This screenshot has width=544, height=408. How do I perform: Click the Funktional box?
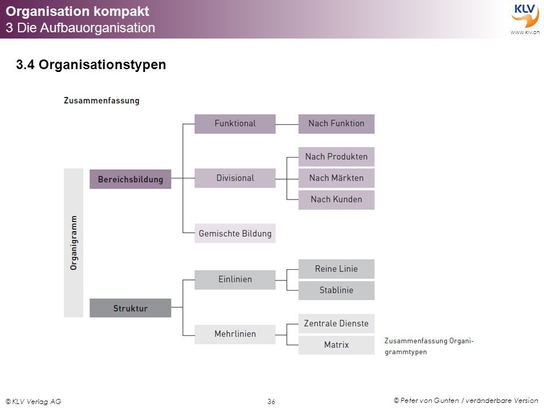[235, 124]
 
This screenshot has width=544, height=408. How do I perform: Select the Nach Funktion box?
[336, 124]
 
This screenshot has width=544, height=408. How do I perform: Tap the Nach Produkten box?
[336, 157]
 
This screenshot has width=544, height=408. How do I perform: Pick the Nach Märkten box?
[336, 178]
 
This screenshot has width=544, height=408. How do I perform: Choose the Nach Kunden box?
[336, 200]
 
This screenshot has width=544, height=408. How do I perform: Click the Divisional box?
[235, 178]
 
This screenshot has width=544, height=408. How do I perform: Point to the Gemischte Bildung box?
[235, 233]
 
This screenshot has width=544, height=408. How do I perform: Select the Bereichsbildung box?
[130, 179]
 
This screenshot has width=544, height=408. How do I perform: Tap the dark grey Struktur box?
[130, 308]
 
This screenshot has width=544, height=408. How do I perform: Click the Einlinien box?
[235, 279]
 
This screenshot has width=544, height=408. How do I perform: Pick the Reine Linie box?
[336, 269]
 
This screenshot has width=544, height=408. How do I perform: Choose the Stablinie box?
[336, 290]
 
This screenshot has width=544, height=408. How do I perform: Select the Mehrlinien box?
[235, 334]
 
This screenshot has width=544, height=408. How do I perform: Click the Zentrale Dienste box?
[336, 324]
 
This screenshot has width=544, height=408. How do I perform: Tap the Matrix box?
[336, 345]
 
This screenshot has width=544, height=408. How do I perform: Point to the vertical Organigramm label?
[74, 243]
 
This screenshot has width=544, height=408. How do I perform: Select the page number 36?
[271, 401]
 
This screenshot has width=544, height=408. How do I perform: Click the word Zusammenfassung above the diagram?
[101, 101]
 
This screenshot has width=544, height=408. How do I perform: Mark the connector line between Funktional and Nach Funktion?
[287, 124]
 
